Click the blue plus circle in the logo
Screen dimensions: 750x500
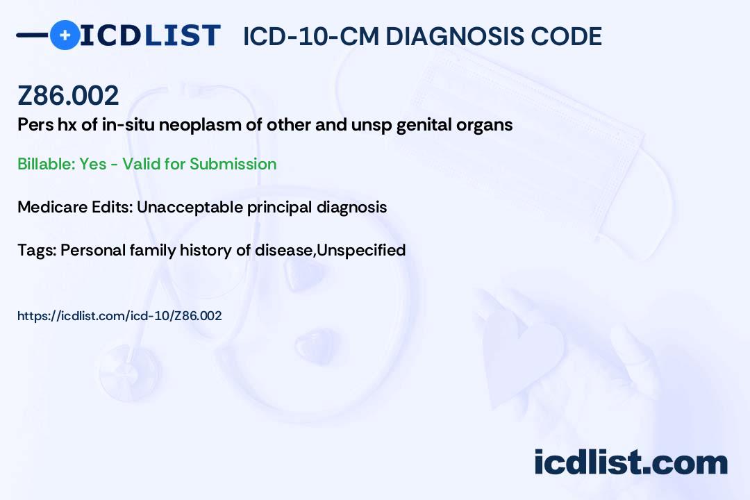(65, 35)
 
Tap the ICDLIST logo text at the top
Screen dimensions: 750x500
(150, 35)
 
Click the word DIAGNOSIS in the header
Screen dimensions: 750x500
(455, 36)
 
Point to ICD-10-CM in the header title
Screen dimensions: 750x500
(311, 36)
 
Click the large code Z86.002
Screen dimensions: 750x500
(68, 95)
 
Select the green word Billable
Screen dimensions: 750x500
(46, 164)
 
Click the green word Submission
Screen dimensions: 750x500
(233, 164)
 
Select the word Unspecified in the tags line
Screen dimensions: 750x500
(361, 251)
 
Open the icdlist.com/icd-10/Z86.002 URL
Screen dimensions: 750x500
(119, 316)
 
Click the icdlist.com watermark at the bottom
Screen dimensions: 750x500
(631, 462)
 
